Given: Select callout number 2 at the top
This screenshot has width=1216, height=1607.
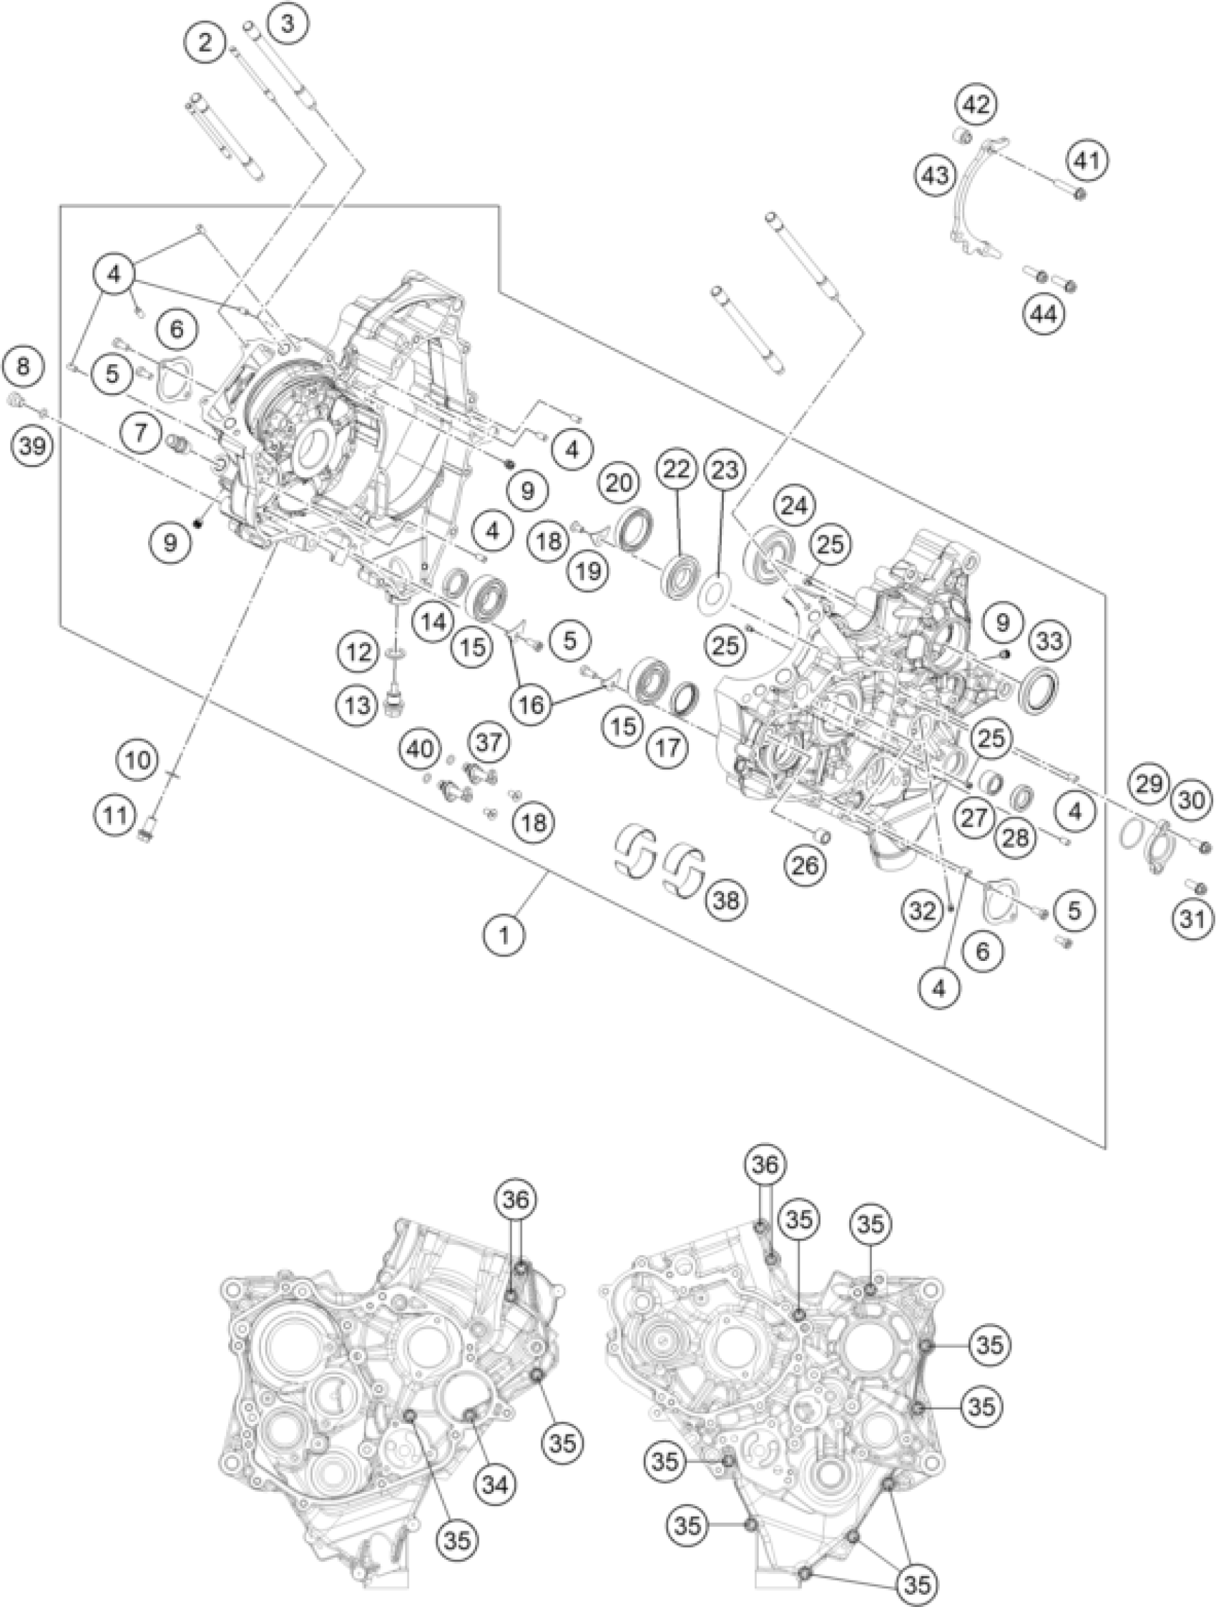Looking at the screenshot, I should click(207, 43).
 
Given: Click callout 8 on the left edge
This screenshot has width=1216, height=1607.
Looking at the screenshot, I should click(24, 366).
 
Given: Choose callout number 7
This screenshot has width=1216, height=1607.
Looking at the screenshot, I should click(141, 434).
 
